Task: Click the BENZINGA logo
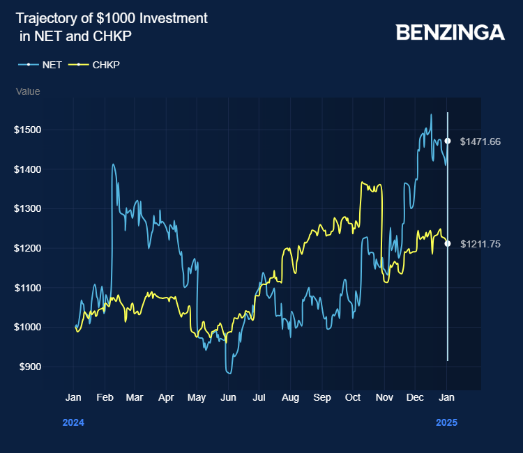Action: (x=450, y=32)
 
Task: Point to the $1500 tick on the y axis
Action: (x=28, y=130)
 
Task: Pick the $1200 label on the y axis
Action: (x=28, y=248)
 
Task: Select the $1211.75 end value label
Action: (x=480, y=244)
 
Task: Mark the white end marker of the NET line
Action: (x=448, y=141)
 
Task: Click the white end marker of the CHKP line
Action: (x=448, y=244)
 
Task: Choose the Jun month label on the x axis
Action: (x=228, y=397)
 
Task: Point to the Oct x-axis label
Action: (x=353, y=397)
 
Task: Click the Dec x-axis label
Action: (x=416, y=397)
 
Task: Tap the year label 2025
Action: (x=447, y=422)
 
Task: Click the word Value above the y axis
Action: (x=28, y=91)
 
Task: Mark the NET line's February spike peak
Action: (x=113, y=164)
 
